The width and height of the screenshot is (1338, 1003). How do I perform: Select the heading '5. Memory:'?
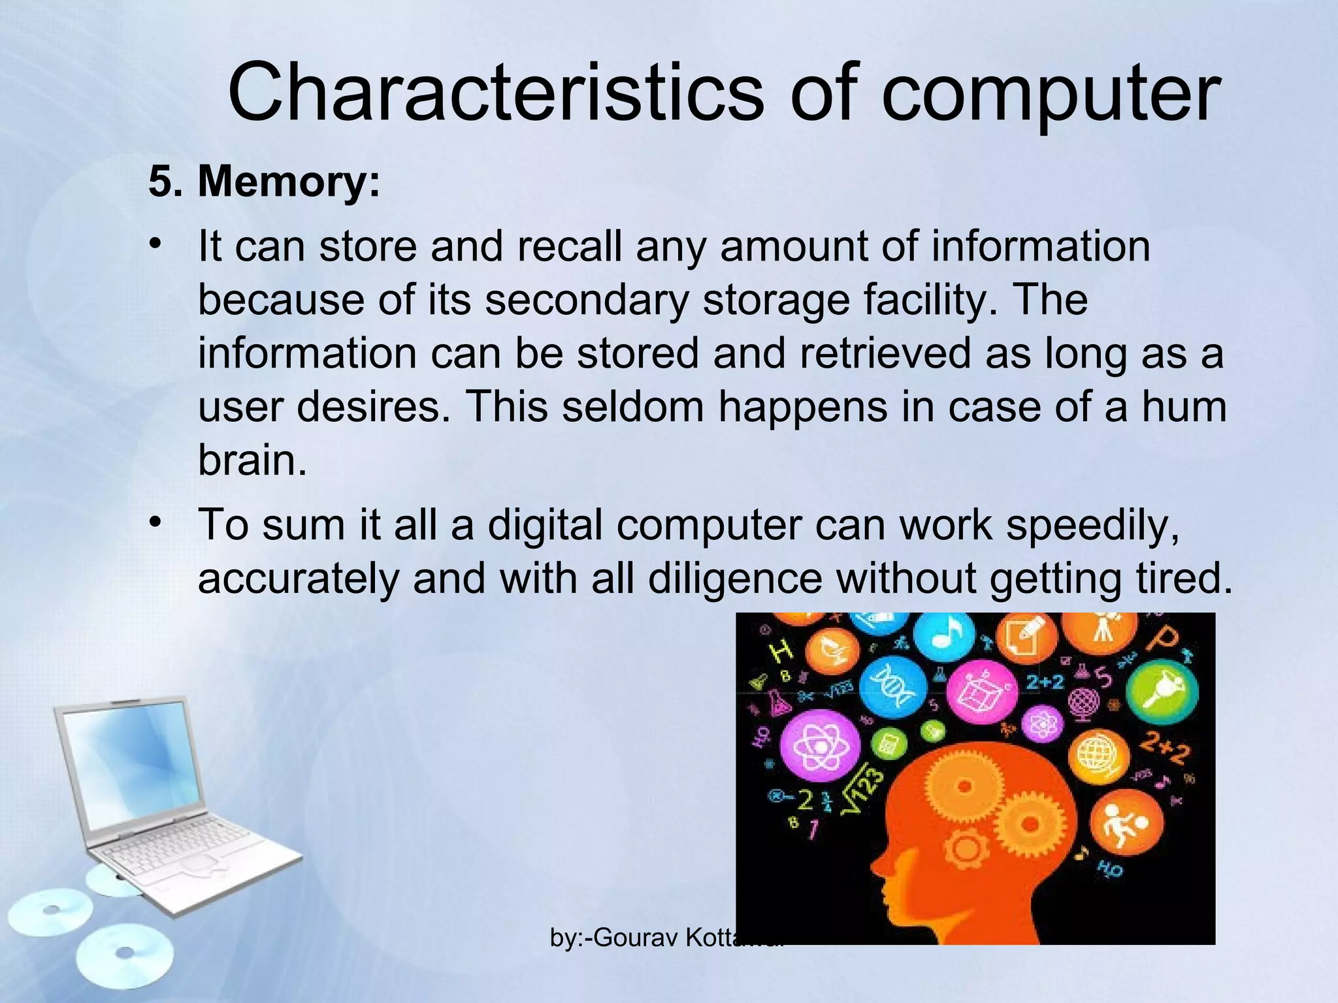tap(264, 181)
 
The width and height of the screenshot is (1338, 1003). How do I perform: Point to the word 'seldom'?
tap(632, 406)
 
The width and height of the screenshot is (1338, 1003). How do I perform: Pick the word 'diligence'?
tap(735, 579)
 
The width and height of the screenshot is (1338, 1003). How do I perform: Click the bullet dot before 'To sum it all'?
tap(155, 522)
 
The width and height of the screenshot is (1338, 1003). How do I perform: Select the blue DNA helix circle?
tap(892, 688)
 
